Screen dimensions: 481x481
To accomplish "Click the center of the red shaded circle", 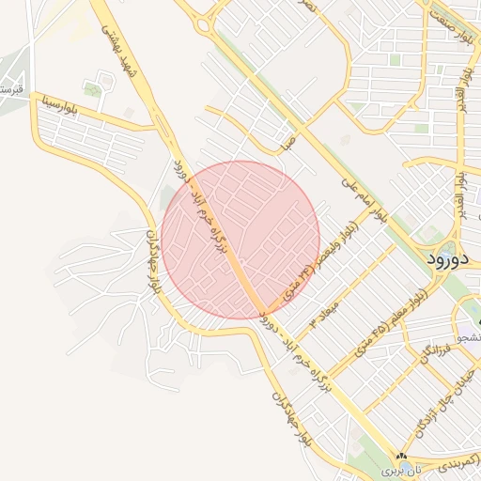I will (240, 240).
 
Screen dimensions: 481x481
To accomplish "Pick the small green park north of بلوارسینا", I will (92, 90).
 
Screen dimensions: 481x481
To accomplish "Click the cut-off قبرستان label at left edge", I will (9, 90).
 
